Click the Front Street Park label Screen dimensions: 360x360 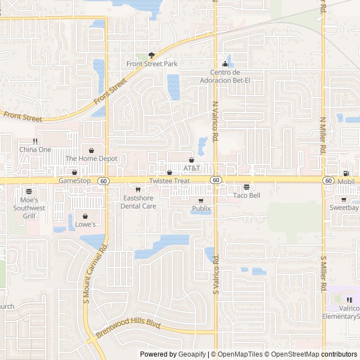point(152,64)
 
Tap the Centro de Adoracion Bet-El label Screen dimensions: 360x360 point(225,76)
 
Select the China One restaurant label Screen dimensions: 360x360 point(35,150)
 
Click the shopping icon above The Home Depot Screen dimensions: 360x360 point(91,150)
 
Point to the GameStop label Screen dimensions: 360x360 point(75,181)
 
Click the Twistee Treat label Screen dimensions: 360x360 point(169,181)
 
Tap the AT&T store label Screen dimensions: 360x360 point(191,168)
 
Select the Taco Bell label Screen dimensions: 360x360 point(246,195)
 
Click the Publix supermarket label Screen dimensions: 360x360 point(201,209)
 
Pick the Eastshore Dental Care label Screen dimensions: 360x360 point(138,202)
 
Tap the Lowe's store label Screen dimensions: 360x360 point(85,224)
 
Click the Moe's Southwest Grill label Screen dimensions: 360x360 point(26,208)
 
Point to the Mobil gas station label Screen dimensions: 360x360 point(346,182)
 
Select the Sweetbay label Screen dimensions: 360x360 point(344,208)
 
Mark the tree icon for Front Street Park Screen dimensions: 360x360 point(151,55)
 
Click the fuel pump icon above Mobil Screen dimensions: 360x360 point(346,173)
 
